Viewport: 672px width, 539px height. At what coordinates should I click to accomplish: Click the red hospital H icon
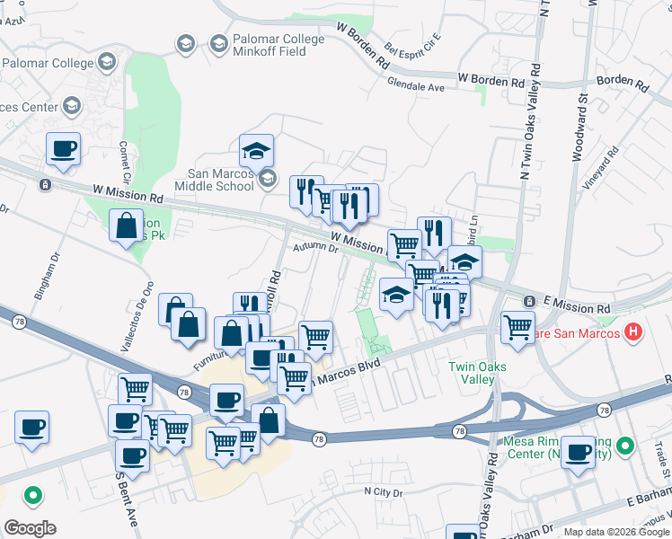(634, 332)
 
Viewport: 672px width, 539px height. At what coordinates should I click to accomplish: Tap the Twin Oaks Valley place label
(478, 373)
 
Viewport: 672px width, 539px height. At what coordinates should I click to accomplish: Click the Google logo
(30, 527)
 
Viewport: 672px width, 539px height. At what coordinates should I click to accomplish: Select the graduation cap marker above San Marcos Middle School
(257, 150)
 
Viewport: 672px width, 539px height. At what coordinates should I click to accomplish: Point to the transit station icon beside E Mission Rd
(529, 301)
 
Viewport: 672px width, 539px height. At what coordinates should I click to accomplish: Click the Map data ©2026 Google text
(615, 532)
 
